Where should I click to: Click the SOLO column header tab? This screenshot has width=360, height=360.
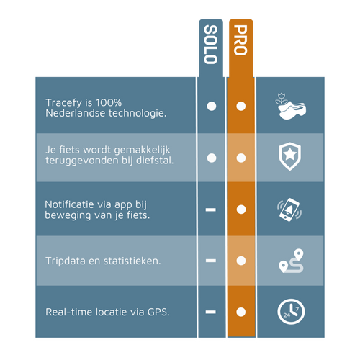click(x=211, y=48)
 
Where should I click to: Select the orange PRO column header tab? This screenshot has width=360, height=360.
click(x=240, y=48)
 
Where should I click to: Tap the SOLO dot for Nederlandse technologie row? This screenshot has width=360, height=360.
click(x=212, y=106)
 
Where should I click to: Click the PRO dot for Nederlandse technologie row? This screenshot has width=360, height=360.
click(x=241, y=106)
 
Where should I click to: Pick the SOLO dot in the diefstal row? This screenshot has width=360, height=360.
click(x=212, y=158)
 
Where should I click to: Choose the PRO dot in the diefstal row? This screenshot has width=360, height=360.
click(x=241, y=158)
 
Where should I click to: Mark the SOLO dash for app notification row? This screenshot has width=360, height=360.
click(x=211, y=210)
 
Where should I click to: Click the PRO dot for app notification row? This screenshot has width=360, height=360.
click(x=241, y=210)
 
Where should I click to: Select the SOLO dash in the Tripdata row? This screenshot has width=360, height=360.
click(x=211, y=261)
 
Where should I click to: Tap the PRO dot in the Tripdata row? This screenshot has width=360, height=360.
click(x=241, y=261)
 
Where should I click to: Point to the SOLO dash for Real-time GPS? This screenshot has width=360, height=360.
click(x=211, y=312)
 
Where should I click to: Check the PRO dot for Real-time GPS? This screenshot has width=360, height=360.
click(x=241, y=312)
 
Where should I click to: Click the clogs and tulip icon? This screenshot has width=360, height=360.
click(x=290, y=106)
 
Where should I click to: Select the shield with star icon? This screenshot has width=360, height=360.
click(x=290, y=156)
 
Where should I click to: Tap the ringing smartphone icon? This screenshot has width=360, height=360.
click(x=289, y=210)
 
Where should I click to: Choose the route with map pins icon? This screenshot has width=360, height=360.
click(x=291, y=261)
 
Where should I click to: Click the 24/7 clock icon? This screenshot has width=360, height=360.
click(x=291, y=312)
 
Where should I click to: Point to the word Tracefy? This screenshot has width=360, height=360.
click(x=63, y=103)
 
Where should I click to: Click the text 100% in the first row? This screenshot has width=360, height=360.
click(x=109, y=103)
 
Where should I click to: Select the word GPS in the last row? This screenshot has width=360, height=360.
click(x=158, y=312)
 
